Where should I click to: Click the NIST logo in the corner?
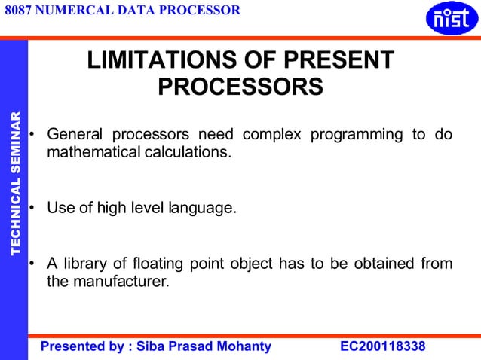tap(452, 19)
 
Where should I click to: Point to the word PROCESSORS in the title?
tap(240, 87)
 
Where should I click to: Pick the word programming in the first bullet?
tap(361, 136)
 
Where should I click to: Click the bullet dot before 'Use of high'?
tap(32, 207)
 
